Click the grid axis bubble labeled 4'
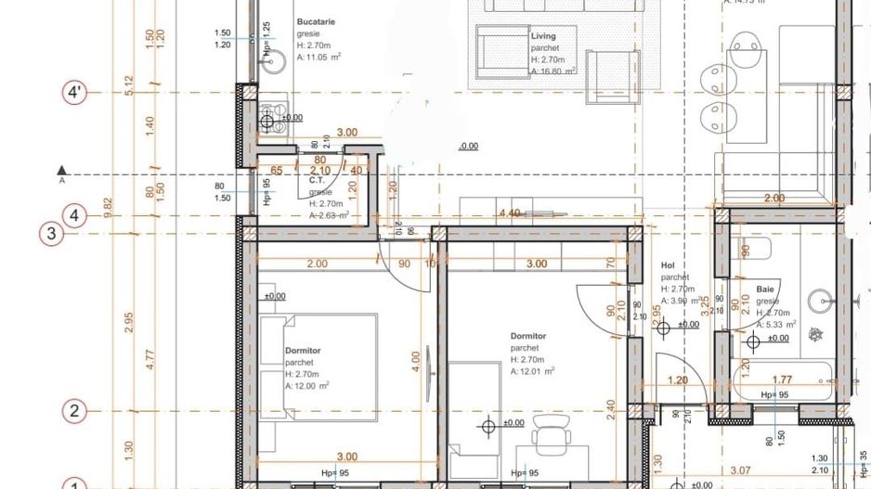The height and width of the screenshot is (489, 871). point(75,93)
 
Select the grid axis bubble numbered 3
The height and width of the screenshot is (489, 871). point(52,233)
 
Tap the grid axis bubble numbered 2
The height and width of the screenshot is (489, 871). point(75,410)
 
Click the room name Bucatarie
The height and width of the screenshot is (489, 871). point(317,20)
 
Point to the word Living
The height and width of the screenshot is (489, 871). point(543,36)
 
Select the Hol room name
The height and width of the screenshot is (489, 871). point(667,264)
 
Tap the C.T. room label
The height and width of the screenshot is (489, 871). point(316,181)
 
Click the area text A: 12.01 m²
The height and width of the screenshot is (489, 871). point(532,371)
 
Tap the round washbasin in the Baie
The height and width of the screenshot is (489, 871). point(820,300)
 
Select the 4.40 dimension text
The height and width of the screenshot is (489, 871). point(509,213)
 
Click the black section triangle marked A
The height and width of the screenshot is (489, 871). point(61,170)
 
